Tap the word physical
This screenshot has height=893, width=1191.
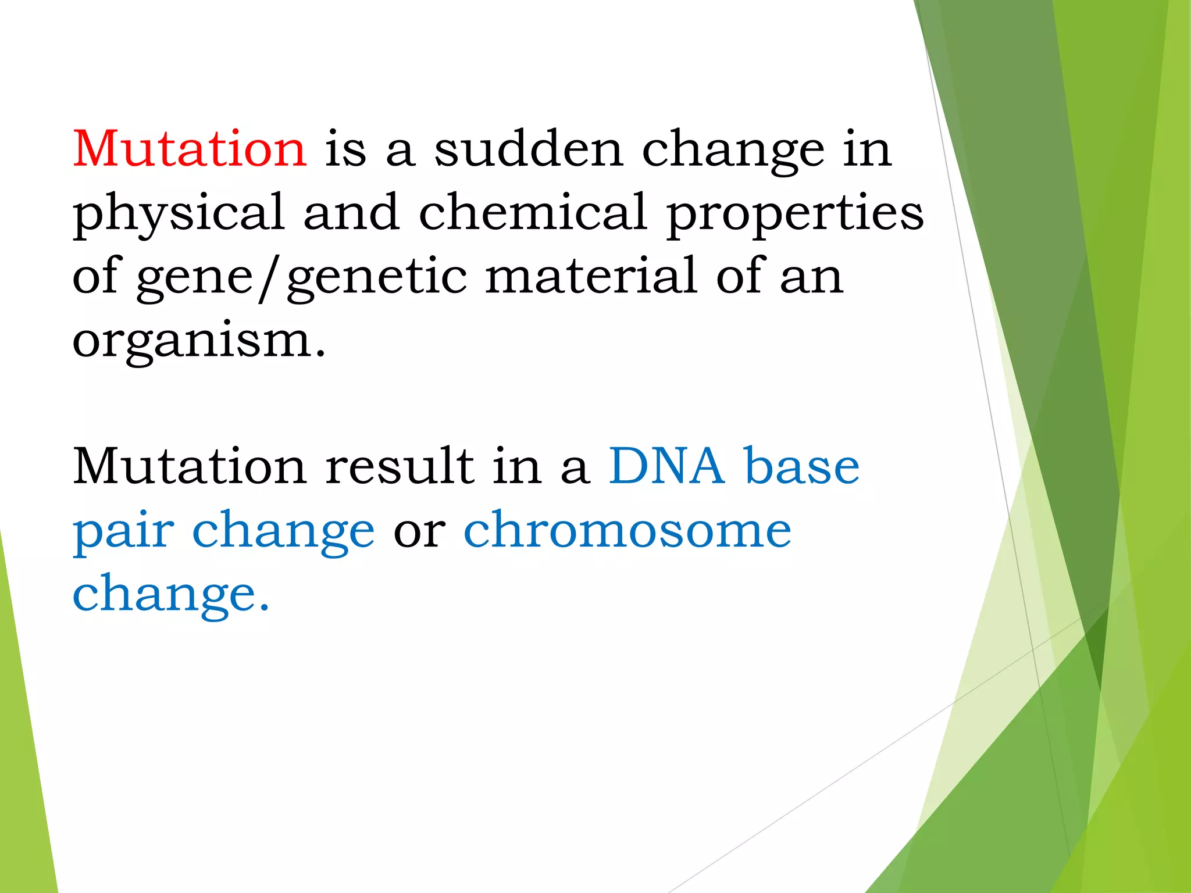(179, 213)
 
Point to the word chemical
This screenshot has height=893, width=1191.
(533, 213)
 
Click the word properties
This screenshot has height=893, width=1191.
(795, 213)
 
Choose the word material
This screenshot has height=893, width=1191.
(590, 276)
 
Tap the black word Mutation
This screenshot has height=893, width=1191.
(190, 466)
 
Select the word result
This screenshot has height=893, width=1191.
(400, 466)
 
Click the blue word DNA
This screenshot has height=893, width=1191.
(666, 466)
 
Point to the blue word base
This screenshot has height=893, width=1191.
(802, 466)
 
